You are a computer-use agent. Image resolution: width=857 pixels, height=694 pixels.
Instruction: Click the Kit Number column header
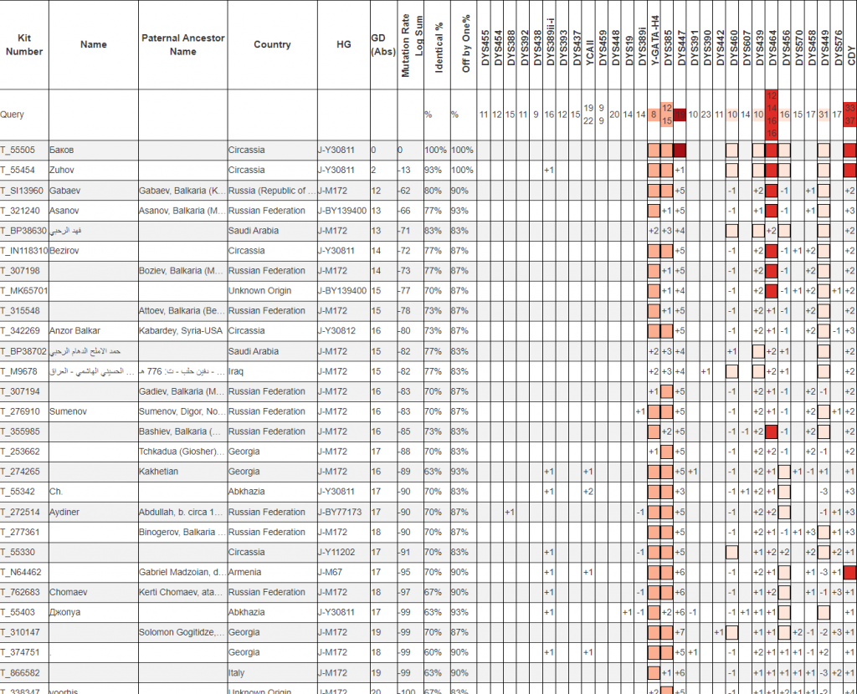tap(24, 44)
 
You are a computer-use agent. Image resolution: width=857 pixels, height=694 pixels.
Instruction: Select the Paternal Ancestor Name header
tap(182, 44)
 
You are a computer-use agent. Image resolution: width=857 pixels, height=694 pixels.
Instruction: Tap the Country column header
tap(272, 44)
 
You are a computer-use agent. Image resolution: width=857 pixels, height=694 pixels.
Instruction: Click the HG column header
tap(343, 44)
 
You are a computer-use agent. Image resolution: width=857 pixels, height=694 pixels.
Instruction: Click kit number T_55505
tap(18, 151)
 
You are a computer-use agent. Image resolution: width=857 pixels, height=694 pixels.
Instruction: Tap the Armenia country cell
tap(244, 572)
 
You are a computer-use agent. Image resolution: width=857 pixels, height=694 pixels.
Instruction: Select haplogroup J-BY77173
tap(341, 512)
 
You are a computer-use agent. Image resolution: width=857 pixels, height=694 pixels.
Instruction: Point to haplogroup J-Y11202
tap(339, 552)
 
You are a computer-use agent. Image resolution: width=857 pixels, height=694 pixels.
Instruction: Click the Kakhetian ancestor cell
tap(158, 472)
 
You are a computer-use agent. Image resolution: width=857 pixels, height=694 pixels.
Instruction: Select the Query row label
tap(13, 115)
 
